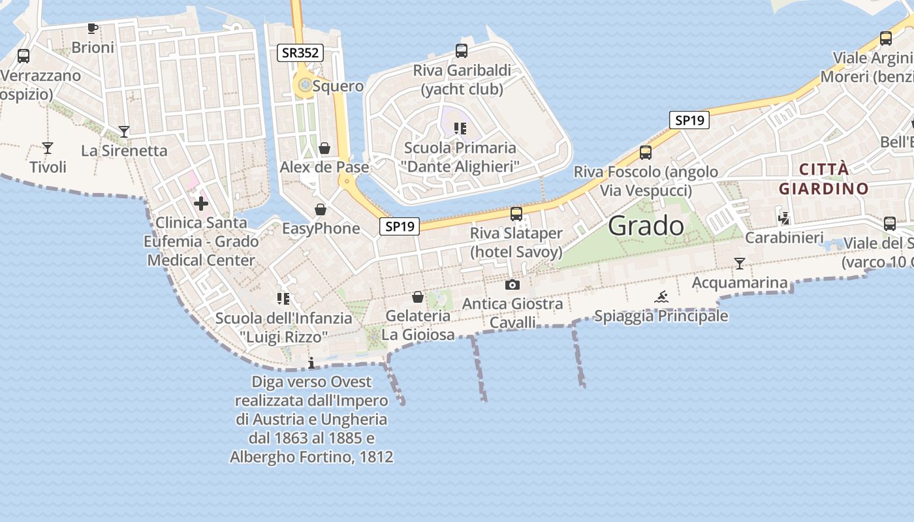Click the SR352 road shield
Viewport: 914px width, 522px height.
(300, 53)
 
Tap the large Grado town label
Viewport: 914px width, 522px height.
(646, 226)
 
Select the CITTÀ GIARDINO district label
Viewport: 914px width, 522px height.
(824, 179)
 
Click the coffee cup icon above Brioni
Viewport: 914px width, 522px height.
(93, 28)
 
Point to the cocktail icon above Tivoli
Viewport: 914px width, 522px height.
(48, 147)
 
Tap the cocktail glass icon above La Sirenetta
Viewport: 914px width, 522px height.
(124, 131)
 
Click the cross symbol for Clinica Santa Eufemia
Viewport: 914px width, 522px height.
(201, 204)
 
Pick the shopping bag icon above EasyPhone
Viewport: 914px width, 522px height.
(321, 209)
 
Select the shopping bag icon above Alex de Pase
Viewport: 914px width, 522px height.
(324, 148)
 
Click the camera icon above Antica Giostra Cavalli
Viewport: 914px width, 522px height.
(512, 284)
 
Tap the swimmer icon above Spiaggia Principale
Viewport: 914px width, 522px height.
(661, 297)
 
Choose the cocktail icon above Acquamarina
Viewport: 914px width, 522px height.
(740, 264)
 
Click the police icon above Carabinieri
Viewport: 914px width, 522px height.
(784, 219)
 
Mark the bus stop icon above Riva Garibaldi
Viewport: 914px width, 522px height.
(462, 50)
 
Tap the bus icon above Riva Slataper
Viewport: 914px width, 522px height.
(516, 213)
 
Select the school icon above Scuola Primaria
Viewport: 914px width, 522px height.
(461, 129)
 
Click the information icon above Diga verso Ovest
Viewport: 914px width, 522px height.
(311, 363)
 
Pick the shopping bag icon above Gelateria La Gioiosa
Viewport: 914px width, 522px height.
(418, 298)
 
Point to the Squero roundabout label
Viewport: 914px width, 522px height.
(338, 86)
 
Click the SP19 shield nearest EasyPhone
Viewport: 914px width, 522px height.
(400, 226)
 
